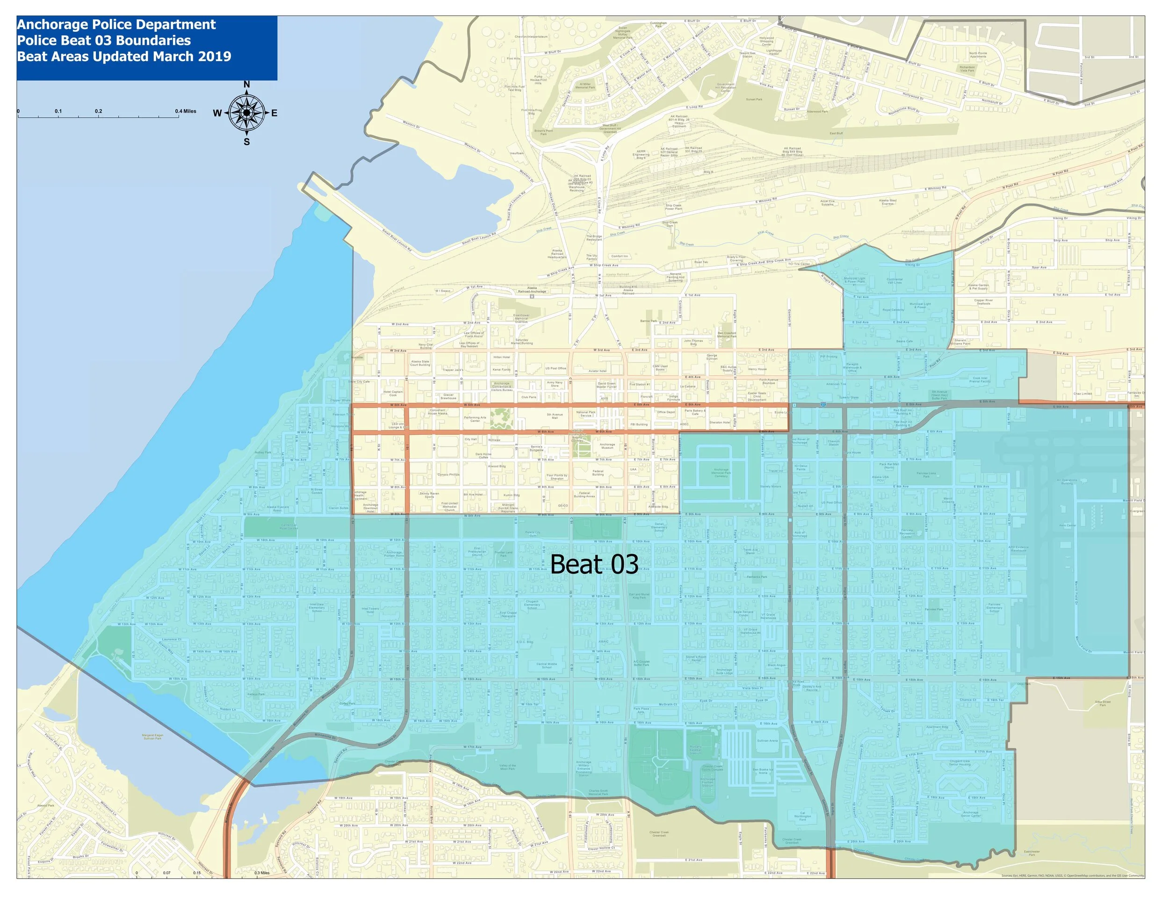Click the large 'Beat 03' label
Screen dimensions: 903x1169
click(594, 565)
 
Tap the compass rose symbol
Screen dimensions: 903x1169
click(246, 112)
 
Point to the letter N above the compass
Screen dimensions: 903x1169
click(247, 85)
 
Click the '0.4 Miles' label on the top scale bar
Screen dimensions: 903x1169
click(186, 111)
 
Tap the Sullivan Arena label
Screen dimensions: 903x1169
click(767, 741)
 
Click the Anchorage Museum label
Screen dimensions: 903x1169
click(607, 445)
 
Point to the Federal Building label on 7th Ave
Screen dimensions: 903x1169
click(598, 473)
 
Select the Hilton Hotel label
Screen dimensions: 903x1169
click(502, 357)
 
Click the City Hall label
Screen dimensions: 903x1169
click(470, 439)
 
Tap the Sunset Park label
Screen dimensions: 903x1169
click(754, 100)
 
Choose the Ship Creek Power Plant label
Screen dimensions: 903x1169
click(673, 207)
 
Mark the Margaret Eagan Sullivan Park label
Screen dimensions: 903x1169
click(152, 737)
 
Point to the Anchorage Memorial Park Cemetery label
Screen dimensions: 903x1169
click(721, 473)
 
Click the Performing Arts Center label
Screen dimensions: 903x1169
click(475, 419)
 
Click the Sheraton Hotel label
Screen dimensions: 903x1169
click(719, 423)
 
